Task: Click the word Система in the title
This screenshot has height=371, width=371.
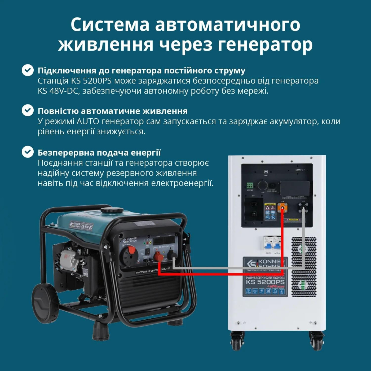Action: pyautogui.click(x=110, y=24)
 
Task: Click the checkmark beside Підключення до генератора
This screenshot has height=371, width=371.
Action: pyautogui.click(x=28, y=70)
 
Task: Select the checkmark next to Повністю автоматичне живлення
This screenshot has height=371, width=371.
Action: pyautogui.click(x=28, y=111)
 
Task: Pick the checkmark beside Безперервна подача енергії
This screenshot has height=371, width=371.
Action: pyautogui.click(x=28, y=152)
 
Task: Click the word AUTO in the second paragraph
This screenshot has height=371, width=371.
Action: pyautogui.click(x=88, y=121)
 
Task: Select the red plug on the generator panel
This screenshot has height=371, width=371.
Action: pyautogui.click(x=159, y=257)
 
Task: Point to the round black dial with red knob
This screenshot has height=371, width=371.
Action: pyautogui.click(x=129, y=255)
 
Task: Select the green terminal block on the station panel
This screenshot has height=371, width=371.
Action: pyautogui.click(x=250, y=185)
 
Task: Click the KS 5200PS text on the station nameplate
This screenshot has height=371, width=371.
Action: pyautogui.click(x=265, y=282)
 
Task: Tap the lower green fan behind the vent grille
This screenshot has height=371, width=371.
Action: pyautogui.click(x=303, y=285)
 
